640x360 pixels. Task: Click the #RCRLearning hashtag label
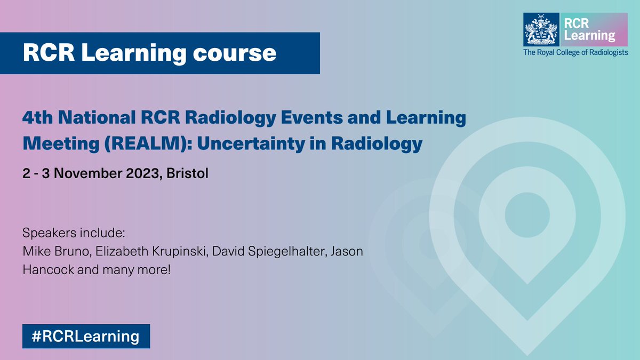coord(86,336)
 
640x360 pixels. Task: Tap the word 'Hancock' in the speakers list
coord(44,269)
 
